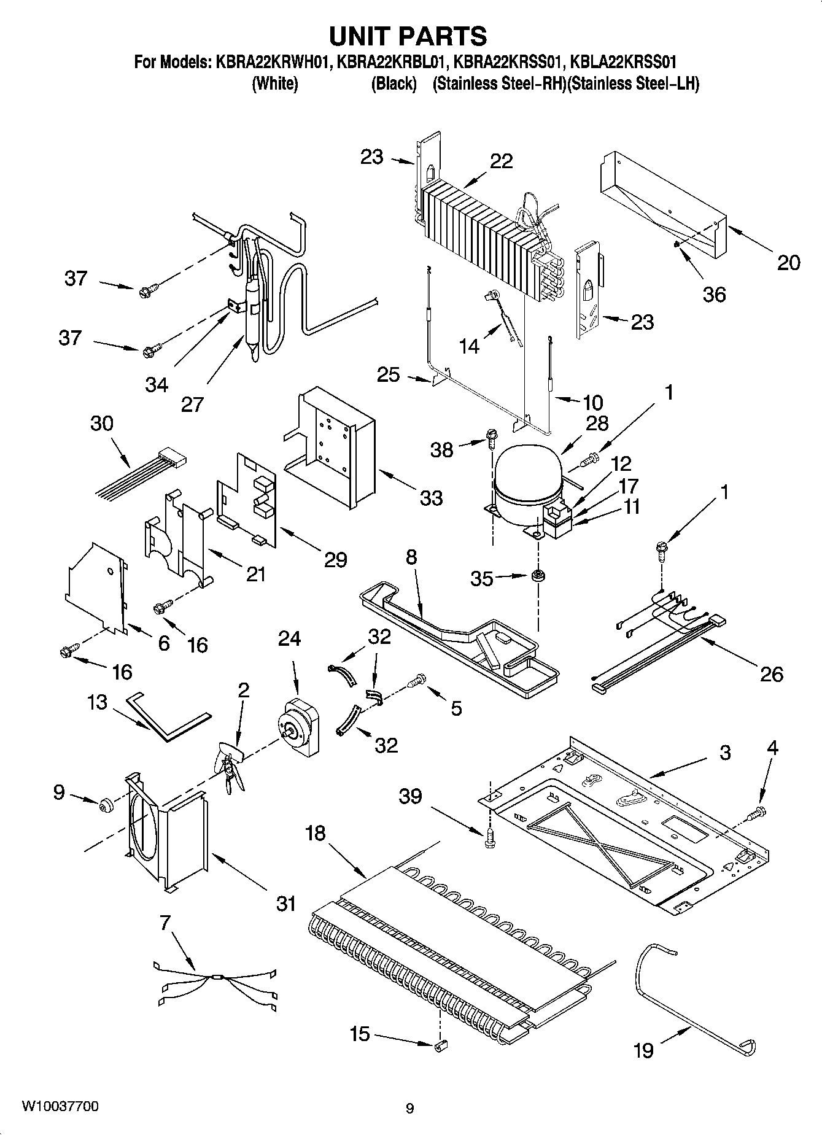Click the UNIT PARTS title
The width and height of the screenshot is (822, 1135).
(x=408, y=36)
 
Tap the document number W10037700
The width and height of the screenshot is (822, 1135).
(x=60, y=1107)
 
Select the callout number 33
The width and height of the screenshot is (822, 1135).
(x=431, y=497)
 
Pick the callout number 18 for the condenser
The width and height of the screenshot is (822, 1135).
(x=316, y=834)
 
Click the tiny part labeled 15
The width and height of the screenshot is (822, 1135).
(x=440, y=1046)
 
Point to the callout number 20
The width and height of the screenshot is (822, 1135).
(x=788, y=263)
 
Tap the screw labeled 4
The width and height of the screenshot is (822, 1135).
(x=757, y=813)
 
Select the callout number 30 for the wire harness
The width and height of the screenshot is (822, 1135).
(x=102, y=424)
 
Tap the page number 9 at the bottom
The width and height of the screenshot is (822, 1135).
(x=409, y=1109)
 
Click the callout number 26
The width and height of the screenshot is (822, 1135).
(x=771, y=674)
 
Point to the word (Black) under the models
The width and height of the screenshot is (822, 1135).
(x=394, y=84)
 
